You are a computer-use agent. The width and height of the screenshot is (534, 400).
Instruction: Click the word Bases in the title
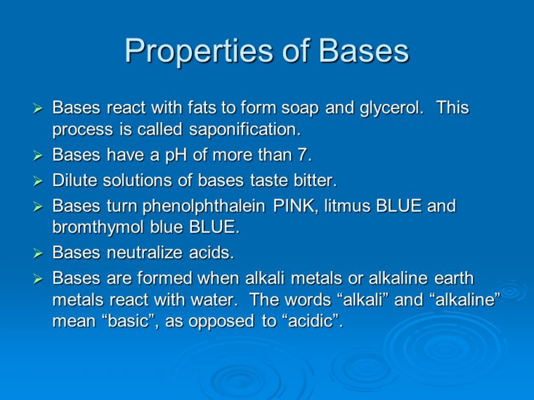(363, 51)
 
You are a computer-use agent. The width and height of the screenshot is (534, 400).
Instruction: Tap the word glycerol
(392, 109)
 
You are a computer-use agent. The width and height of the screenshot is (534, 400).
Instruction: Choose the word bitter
(312, 180)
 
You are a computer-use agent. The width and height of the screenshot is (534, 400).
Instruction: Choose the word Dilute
(74, 180)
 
